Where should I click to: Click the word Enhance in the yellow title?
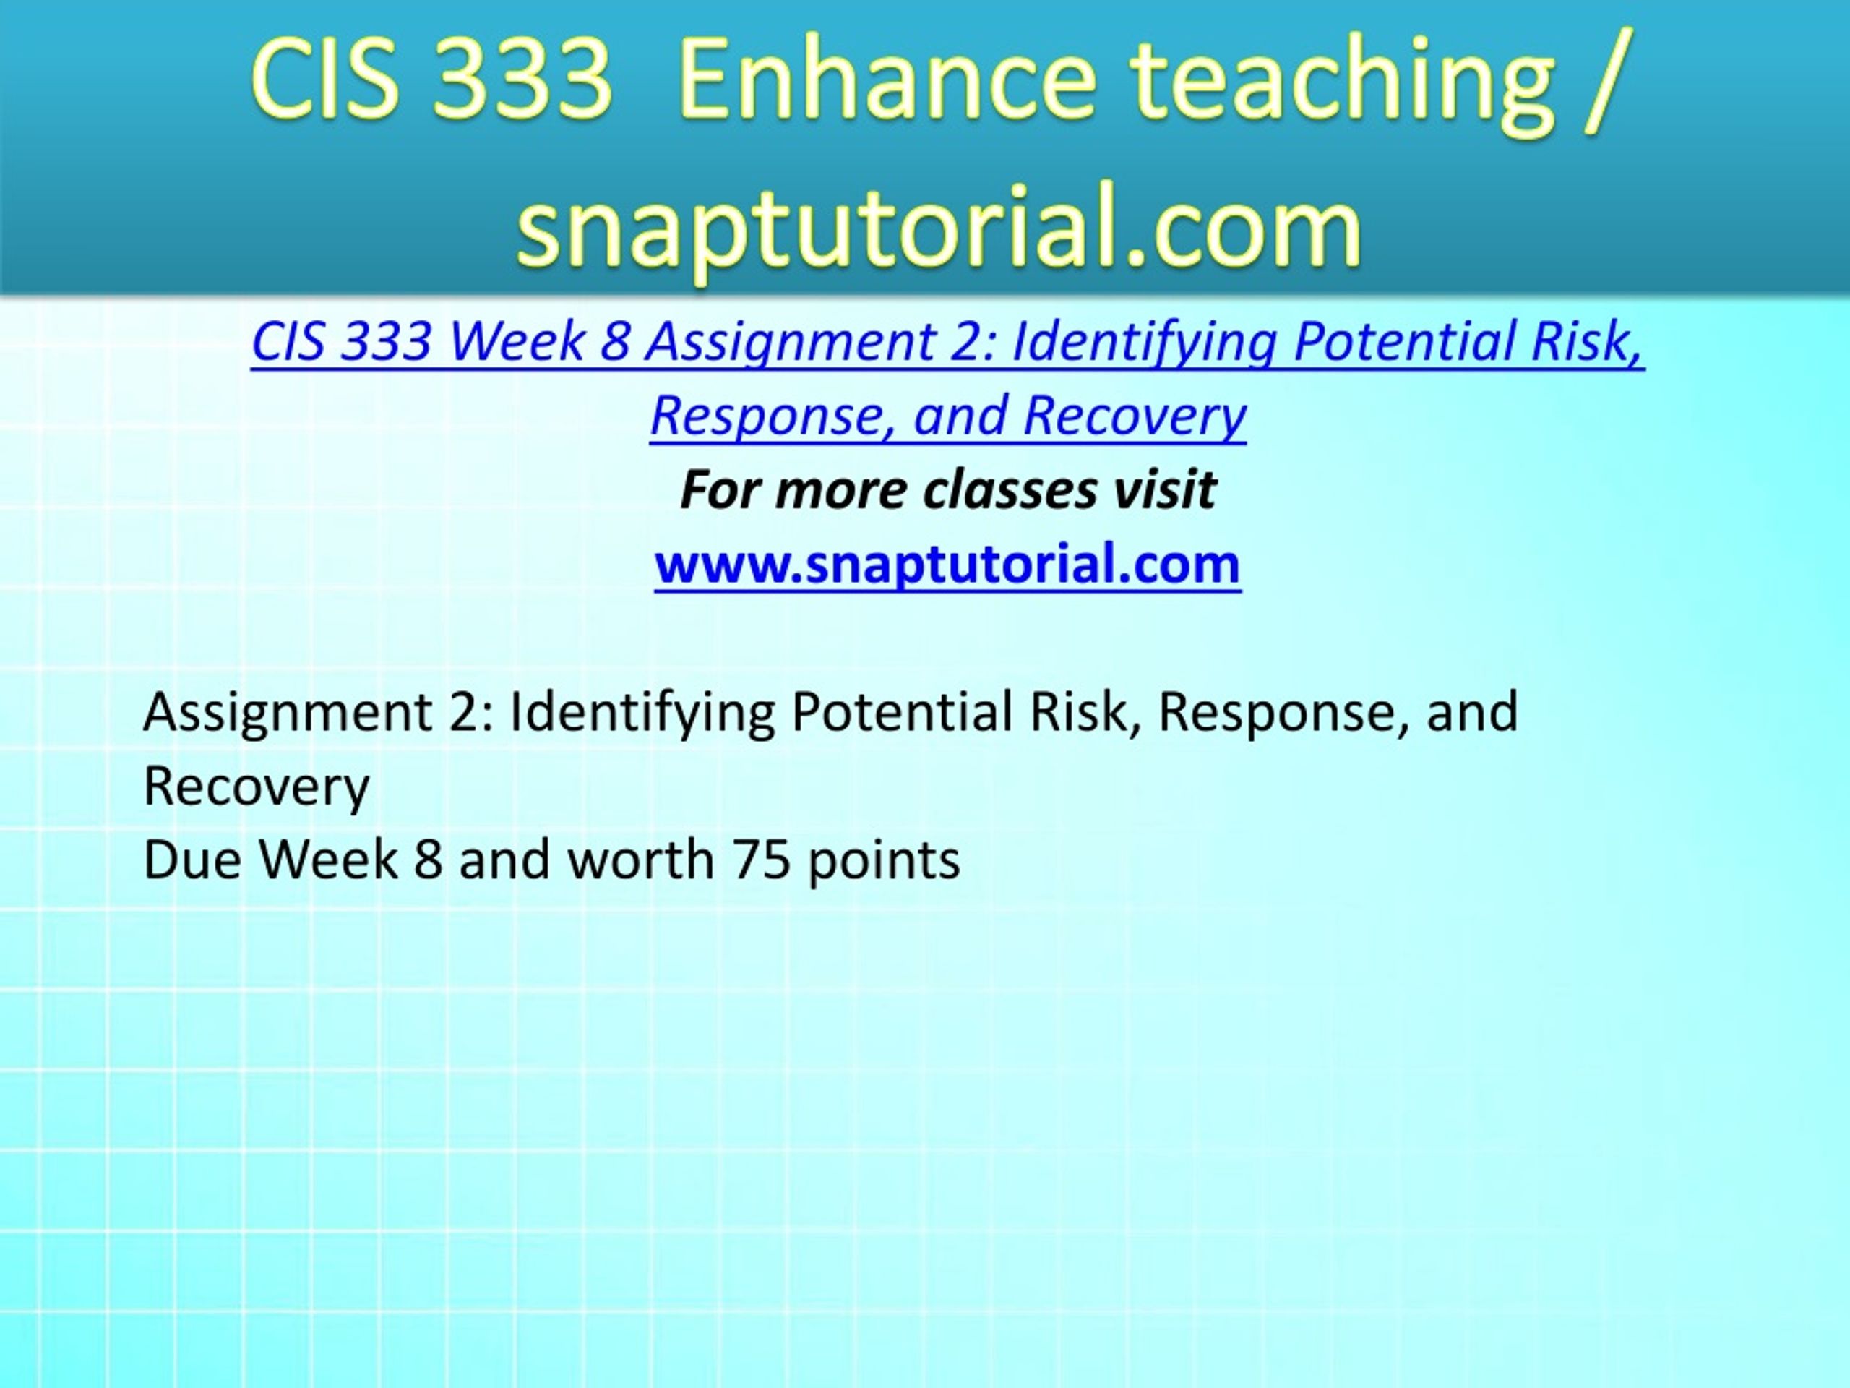887,81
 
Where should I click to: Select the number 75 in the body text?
761,860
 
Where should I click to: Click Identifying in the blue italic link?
1145,344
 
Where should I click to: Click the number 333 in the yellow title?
522,82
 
